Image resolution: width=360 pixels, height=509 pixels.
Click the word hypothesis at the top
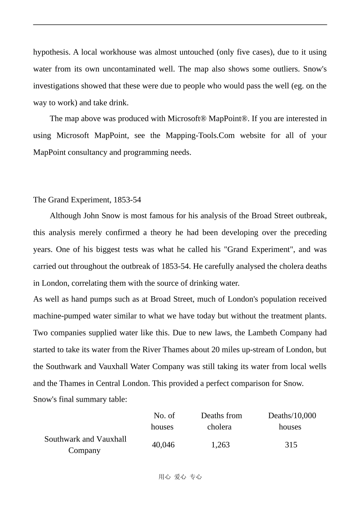51,52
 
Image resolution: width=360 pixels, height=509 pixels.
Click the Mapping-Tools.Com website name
200,136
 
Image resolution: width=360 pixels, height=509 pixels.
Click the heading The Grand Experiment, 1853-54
87,200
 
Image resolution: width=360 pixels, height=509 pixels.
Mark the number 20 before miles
216,350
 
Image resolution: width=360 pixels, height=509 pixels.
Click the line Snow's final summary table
80,399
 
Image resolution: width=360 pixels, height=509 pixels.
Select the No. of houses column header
163,421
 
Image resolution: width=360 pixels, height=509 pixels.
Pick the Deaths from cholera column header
221,421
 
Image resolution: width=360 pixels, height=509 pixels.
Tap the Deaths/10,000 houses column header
291,421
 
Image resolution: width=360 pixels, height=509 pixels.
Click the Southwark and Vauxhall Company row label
85,445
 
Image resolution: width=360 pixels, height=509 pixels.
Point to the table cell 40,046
163,445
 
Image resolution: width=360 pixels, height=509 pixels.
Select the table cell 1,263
221,445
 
